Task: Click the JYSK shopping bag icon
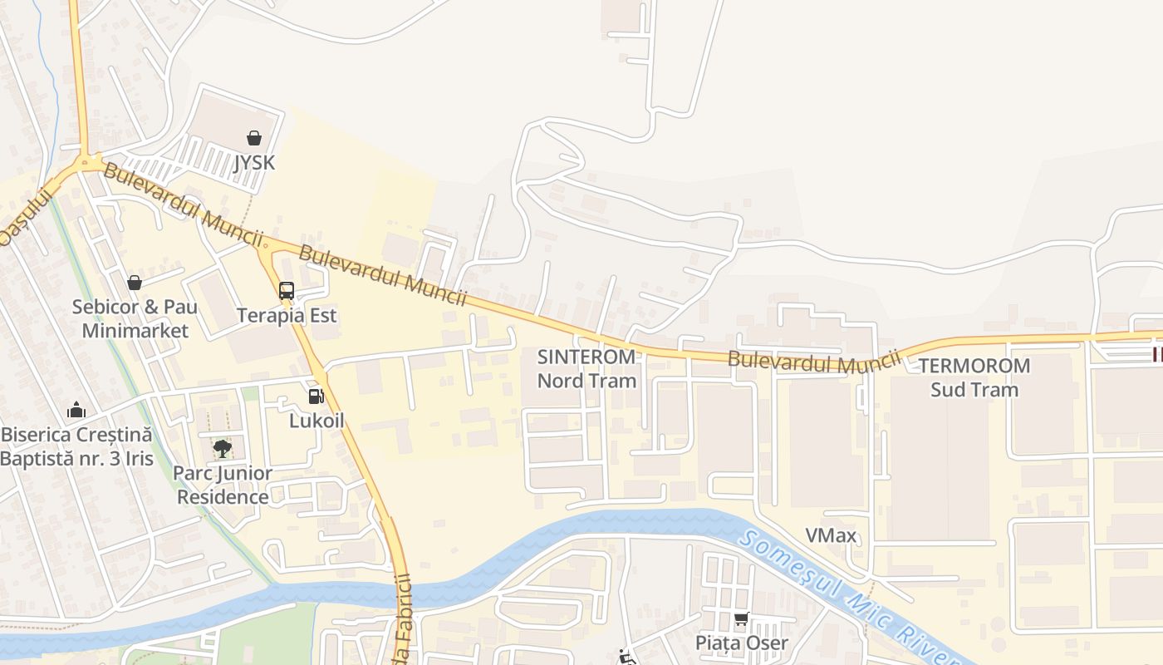tap(254, 138)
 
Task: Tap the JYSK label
tap(254, 162)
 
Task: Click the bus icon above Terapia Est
tap(287, 291)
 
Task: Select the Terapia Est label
tap(287, 316)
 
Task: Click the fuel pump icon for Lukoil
tap(316, 397)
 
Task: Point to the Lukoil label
tap(317, 421)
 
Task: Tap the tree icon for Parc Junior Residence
tap(222, 449)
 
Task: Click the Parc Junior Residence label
tap(223, 485)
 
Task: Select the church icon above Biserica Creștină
tap(76, 410)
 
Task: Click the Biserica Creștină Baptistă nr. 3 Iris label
tap(76, 446)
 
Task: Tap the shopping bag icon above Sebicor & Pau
tap(135, 283)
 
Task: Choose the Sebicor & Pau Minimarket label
tap(135, 319)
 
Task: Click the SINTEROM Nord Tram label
tap(586, 368)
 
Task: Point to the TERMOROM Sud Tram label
tap(974, 377)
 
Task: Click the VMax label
tap(831, 535)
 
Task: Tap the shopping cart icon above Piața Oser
tap(741, 618)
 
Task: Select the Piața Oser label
tap(741, 643)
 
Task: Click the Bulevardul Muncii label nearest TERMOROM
tap(814, 362)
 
